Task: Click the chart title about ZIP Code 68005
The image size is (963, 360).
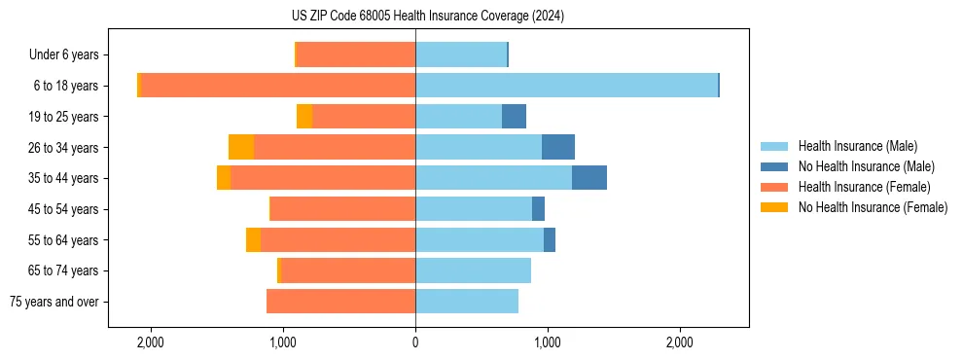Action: point(427,17)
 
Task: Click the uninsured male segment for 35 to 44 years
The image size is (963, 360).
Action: point(589,178)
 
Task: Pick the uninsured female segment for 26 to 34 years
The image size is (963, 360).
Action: point(241,147)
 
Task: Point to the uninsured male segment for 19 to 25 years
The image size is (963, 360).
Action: point(514,117)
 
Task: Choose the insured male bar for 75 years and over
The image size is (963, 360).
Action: point(467,302)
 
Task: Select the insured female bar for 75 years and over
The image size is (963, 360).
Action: point(340,302)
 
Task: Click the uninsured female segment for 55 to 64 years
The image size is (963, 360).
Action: point(253,239)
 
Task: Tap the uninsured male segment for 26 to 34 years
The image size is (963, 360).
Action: point(558,147)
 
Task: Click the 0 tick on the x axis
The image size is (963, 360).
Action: point(415,342)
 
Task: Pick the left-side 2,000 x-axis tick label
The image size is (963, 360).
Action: point(151,342)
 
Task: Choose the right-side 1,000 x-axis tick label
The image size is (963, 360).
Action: point(548,342)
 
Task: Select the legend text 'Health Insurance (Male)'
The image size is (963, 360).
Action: point(857,146)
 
